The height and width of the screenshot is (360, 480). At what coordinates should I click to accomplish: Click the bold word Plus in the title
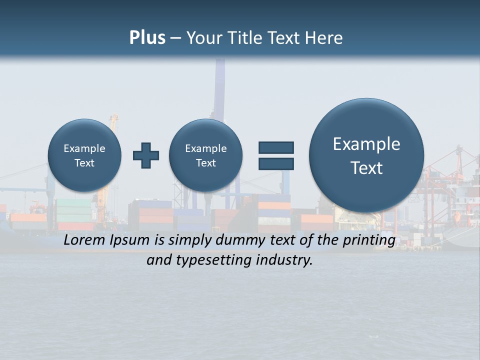tap(147, 38)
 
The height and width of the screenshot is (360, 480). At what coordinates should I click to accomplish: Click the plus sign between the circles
tap(146, 155)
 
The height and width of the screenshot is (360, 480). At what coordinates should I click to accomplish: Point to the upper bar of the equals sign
tap(276, 147)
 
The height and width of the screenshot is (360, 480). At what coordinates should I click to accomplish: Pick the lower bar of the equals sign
tap(276, 163)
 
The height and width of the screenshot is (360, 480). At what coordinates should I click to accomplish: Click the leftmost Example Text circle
tap(84, 155)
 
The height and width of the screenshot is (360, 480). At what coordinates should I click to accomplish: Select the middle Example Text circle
tap(205, 155)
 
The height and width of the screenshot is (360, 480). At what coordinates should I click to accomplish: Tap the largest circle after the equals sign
tap(366, 155)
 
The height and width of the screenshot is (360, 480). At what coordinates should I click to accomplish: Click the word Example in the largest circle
tap(366, 144)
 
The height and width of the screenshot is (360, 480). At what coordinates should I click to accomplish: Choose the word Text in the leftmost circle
tap(84, 163)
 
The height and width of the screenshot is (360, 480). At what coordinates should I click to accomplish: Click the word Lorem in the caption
tap(82, 240)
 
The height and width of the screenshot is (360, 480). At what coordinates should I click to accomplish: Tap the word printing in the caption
tap(369, 240)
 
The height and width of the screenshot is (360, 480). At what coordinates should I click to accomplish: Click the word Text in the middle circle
tap(205, 163)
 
